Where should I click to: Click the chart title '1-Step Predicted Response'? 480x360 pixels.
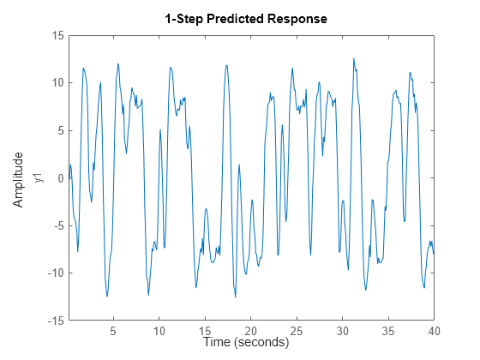(246, 19)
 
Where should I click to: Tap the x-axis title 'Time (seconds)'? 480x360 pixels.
(246, 342)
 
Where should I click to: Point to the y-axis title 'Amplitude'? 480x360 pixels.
(18, 178)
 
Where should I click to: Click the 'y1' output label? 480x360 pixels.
(37, 178)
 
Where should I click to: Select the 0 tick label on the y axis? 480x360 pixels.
(61, 178)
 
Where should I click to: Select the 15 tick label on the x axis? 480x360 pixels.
(205, 331)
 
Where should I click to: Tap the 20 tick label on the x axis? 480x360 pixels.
(251, 331)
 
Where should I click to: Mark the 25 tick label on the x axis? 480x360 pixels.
(297, 331)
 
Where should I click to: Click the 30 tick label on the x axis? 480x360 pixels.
(343, 331)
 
